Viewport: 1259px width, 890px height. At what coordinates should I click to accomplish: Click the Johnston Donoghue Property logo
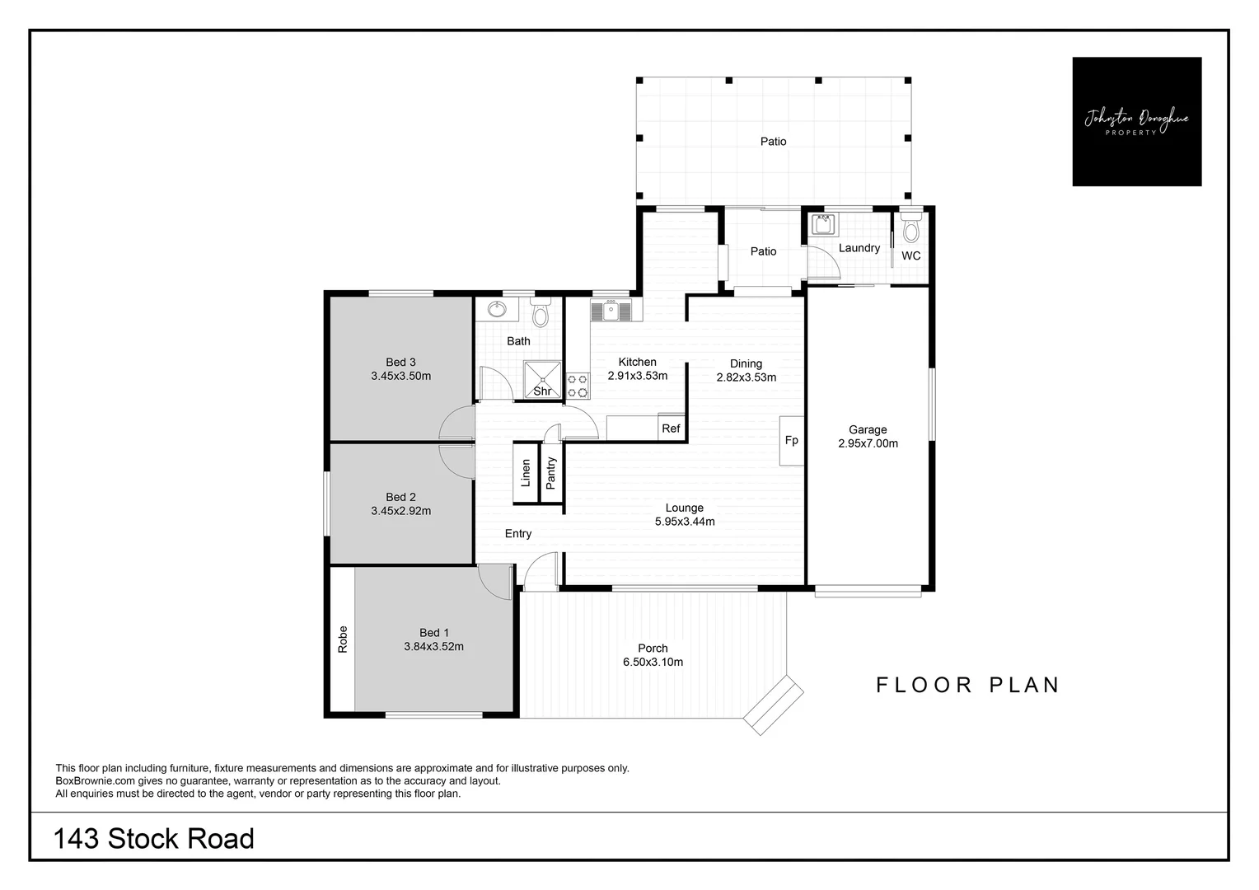point(1136,121)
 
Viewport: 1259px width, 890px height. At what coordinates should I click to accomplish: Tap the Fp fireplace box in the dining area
point(791,441)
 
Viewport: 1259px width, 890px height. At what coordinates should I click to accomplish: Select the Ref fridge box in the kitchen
point(671,428)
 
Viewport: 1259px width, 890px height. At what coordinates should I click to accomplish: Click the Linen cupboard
point(525,472)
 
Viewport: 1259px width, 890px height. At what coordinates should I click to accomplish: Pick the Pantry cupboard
point(551,473)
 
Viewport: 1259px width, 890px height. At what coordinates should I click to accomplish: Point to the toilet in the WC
point(910,227)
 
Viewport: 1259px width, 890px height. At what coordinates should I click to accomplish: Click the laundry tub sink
point(822,224)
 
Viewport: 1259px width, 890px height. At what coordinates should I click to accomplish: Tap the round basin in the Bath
point(497,310)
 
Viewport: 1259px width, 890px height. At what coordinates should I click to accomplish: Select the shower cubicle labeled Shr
point(542,378)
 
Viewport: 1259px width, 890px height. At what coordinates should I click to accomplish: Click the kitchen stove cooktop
point(578,385)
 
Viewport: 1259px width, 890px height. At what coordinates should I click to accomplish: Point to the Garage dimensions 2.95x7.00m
point(868,443)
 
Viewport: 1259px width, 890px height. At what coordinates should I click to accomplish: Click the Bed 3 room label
point(400,362)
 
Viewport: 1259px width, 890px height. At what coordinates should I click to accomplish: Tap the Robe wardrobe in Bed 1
point(343,639)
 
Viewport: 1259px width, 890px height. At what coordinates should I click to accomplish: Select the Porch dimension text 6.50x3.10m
point(653,662)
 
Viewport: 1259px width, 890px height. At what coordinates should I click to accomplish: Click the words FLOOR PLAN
point(967,685)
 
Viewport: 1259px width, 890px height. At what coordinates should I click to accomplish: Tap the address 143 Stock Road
point(154,839)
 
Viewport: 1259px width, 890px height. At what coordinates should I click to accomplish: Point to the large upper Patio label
point(773,142)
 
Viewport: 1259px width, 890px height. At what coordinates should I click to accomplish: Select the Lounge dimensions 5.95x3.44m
point(684,522)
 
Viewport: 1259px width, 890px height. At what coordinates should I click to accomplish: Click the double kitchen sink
point(611,311)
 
